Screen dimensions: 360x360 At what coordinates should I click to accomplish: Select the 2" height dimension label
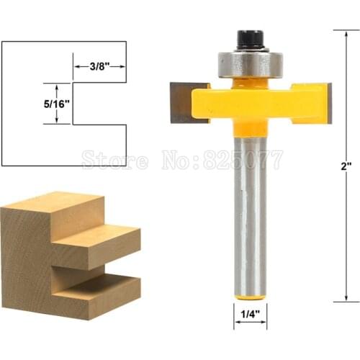click(x=346, y=165)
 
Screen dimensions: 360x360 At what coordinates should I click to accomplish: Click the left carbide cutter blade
click(x=179, y=102)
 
